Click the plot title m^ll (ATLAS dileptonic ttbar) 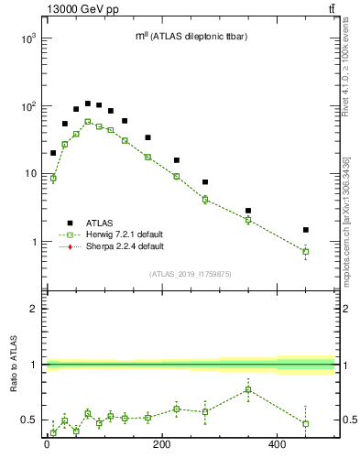click(191, 36)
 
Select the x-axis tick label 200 click(161, 446)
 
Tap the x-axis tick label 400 click(278, 446)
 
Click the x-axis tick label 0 click(47, 446)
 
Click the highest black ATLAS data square click(88, 104)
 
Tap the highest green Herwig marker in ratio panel click(248, 389)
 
